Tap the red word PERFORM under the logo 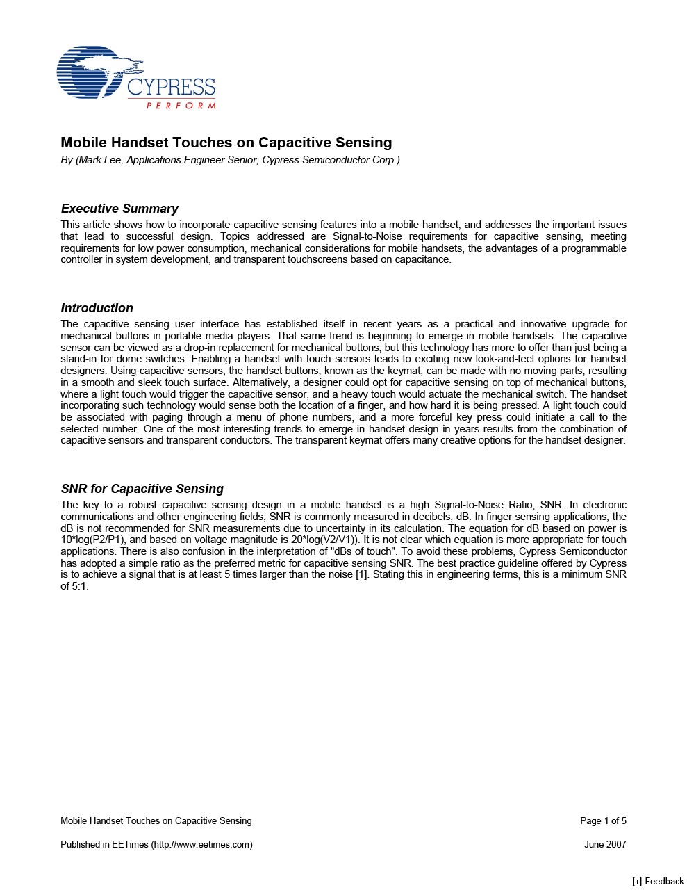(x=181, y=106)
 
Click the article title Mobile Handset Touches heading (x=226, y=143)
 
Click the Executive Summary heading (x=119, y=209)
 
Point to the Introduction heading (x=97, y=308)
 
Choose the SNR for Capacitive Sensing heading (x=142, y=489)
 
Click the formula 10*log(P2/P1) (x=92, y=540)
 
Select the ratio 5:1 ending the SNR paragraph (x=79, y=586)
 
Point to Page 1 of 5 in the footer (x=603, y=821)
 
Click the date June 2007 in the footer (x=605, y=845)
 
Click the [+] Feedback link (x=657, y=882)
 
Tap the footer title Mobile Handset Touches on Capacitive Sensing (x=156, y=821)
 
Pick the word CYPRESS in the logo (x=171, y=88)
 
